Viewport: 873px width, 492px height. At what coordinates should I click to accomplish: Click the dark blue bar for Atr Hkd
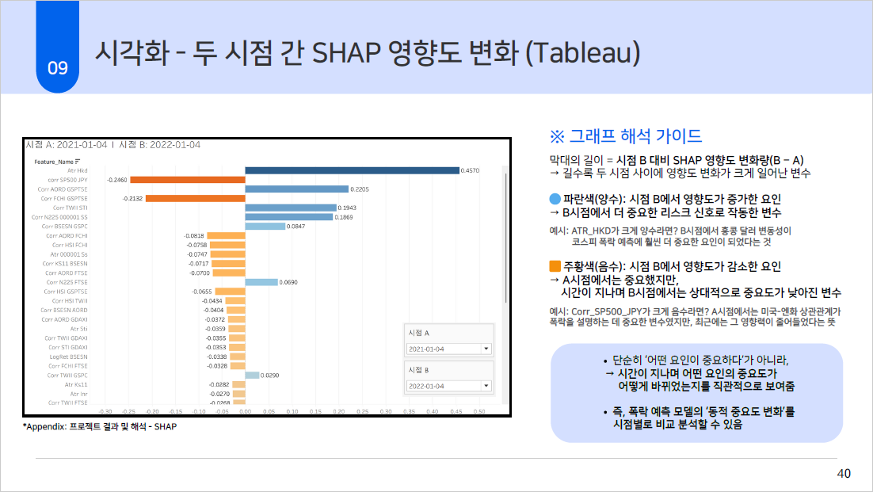coord(352,170)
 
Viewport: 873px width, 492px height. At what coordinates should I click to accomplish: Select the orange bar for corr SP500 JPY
coord(188,180)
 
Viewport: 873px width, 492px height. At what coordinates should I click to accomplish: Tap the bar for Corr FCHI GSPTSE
coord(195,198)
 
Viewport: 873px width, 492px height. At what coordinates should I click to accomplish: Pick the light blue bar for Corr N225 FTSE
coord(261,282)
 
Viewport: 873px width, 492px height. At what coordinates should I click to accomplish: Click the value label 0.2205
coord(360,189)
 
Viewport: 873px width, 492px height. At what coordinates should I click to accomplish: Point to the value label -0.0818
coord(194,236)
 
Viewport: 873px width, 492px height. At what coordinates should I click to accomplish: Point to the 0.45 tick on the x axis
coord(455,411)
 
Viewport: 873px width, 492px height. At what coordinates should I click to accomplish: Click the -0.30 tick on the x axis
coord(105,411)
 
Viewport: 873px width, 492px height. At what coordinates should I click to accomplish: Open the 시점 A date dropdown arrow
coord(485,349)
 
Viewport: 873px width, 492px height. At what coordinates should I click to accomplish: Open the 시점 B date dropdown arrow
coord(485,386)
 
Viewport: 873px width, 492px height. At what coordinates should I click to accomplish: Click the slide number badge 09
coord(58,68)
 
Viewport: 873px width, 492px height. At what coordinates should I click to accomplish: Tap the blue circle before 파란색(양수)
coord(555,200)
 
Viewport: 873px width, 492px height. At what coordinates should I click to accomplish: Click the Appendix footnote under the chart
coord(100,426)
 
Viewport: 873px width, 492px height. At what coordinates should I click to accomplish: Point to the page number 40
coord(844,473)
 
